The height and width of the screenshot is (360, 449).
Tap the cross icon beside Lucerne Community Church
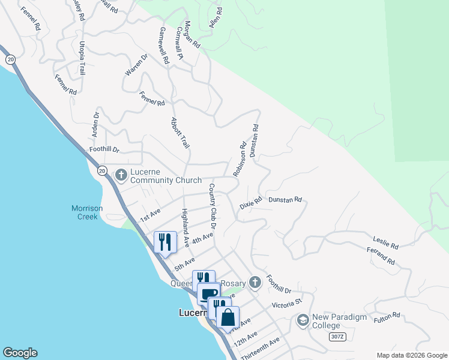[x=121, y=175]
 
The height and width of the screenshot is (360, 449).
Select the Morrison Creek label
[x=88, y=212]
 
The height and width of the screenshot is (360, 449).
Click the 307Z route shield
[x=338, y=337]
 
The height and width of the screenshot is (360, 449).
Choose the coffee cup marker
[x=209, y=294]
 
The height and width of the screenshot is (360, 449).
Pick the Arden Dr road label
[x=95, y=123]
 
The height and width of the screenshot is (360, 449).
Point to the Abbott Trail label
[x=181, y=133]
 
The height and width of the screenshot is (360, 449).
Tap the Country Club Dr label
[x=212, y=205]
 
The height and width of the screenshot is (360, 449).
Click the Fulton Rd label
[x=387, y=318]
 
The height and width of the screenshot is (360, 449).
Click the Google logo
[x=20, y=353]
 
